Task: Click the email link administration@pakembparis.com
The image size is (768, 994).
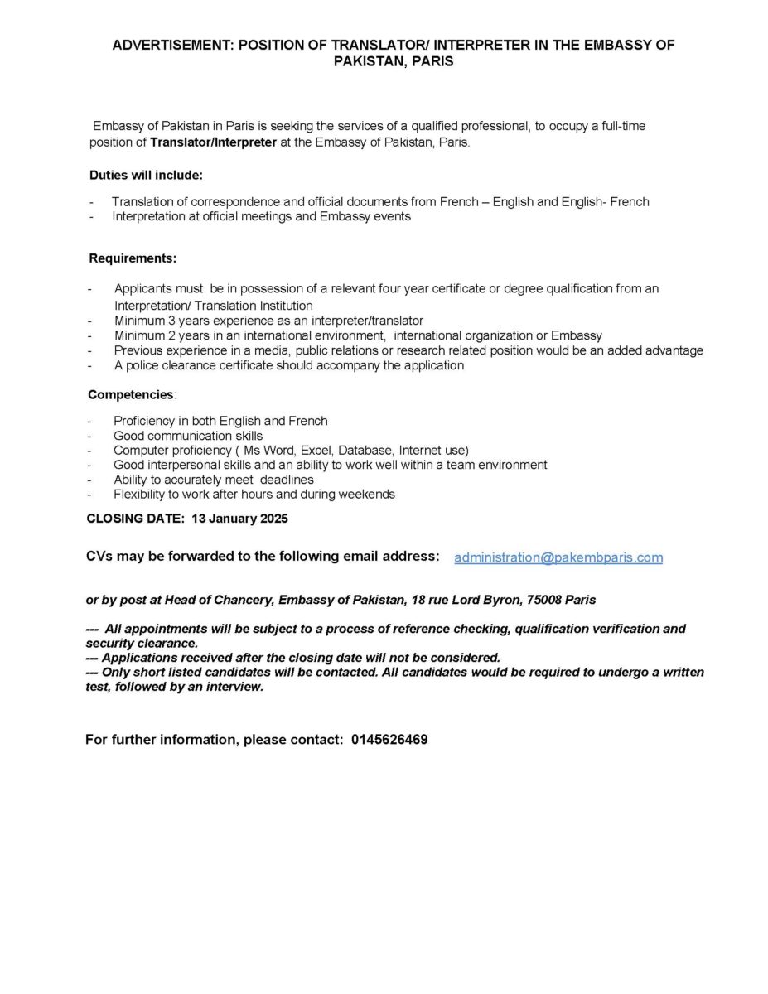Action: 558,557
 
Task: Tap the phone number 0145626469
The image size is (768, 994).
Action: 389,740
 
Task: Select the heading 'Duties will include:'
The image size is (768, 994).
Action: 146,176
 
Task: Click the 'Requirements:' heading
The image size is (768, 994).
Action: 133,258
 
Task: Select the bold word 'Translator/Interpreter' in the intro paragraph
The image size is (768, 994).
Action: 214,142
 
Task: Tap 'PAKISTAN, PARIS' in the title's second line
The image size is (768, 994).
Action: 394,61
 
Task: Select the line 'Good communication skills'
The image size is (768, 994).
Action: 188,436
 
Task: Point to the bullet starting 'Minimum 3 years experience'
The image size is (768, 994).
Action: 268,321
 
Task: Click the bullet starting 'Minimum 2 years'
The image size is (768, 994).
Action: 358,335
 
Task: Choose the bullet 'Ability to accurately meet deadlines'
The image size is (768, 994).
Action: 214,480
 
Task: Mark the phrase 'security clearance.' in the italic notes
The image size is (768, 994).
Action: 142,643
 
